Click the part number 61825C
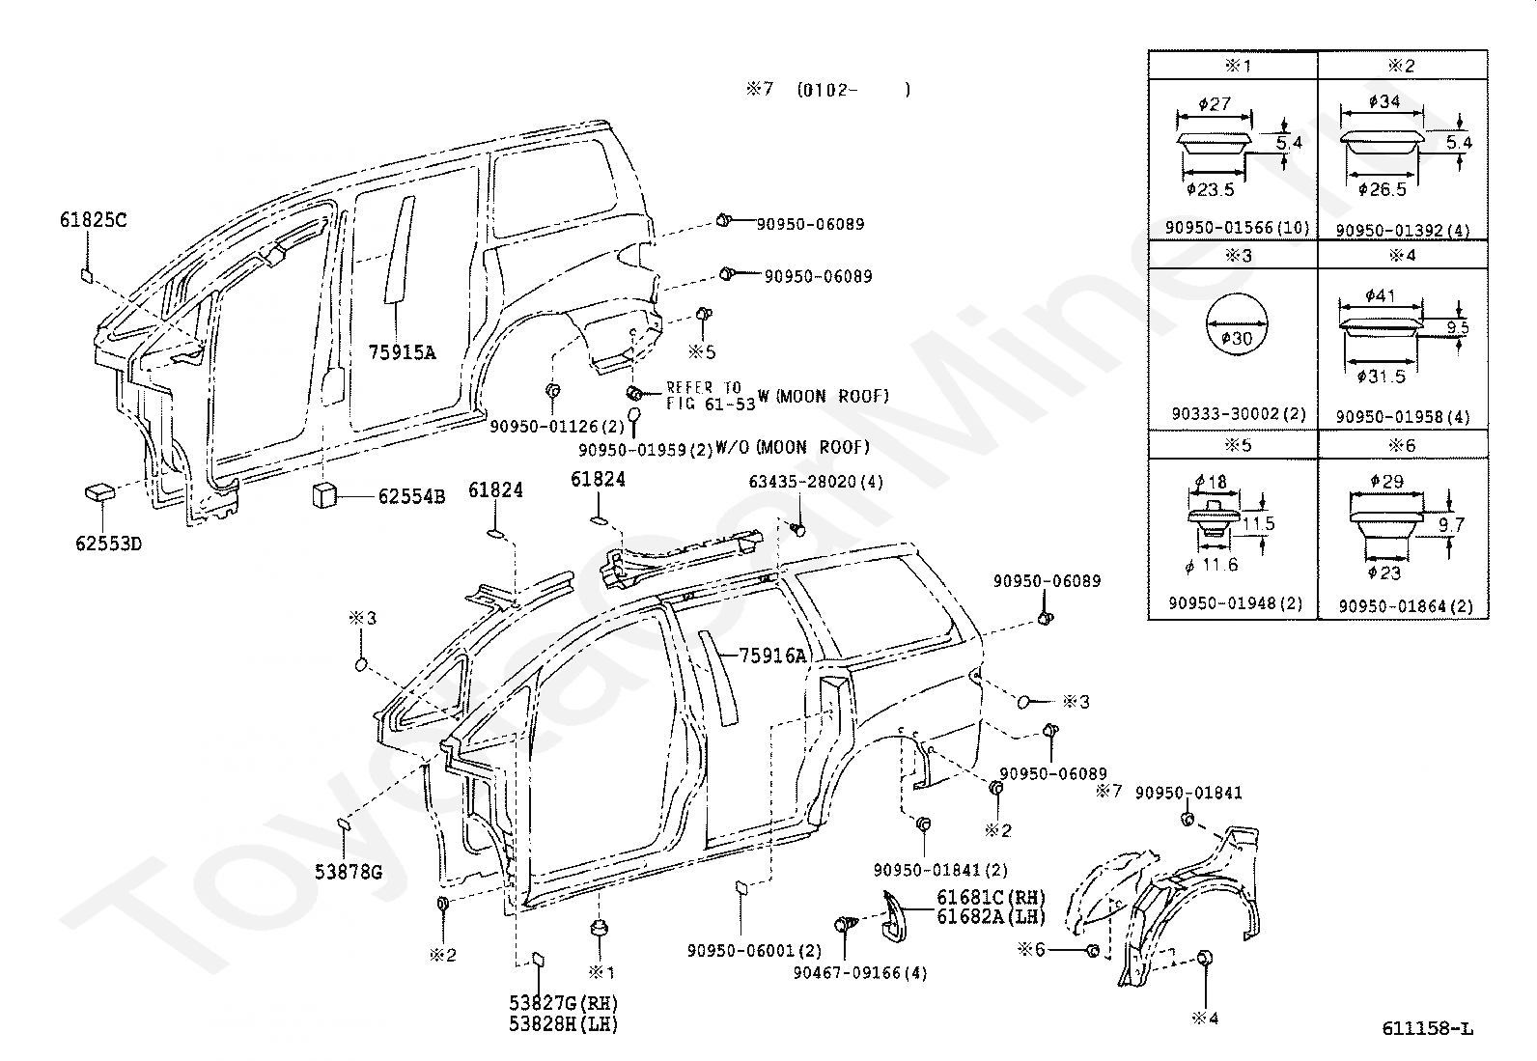click(x=94, y=220)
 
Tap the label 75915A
click(x=402, y=352)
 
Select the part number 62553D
click(x=108, y=544)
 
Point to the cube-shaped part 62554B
click(x=323, y=494)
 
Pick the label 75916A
click(x=772, y=656)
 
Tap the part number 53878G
click(x=349, y=873)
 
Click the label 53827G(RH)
click(x=563, y=1003)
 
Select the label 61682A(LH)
click(x=991, y=917)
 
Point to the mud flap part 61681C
click(x=894, y=916)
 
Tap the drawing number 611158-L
click(x=1427, y=1029)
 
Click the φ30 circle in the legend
click(x=1237, y=324)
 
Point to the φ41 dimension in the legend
click(x=1380, y=295)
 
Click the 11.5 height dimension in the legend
click(x=1258, y=523)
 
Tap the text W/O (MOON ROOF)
click(x=793, y=447)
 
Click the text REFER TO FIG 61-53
click(x=711, y=396)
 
